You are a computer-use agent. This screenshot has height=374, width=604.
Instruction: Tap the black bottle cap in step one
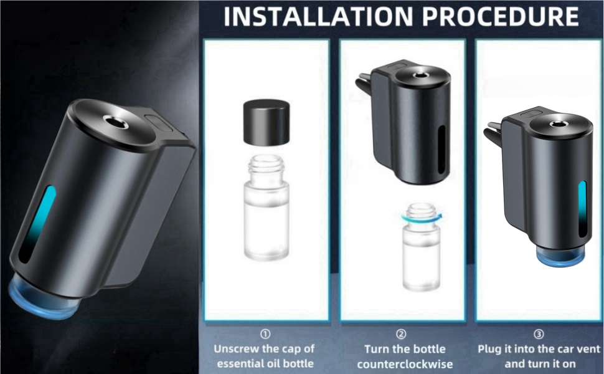coord(266,122)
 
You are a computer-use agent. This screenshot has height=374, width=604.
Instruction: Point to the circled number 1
coord(266,334)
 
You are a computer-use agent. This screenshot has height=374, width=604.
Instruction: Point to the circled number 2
coord(402,334)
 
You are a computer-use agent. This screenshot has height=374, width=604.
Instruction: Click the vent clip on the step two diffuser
coord(364,87)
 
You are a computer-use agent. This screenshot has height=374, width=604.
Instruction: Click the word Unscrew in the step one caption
coord(236,349)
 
